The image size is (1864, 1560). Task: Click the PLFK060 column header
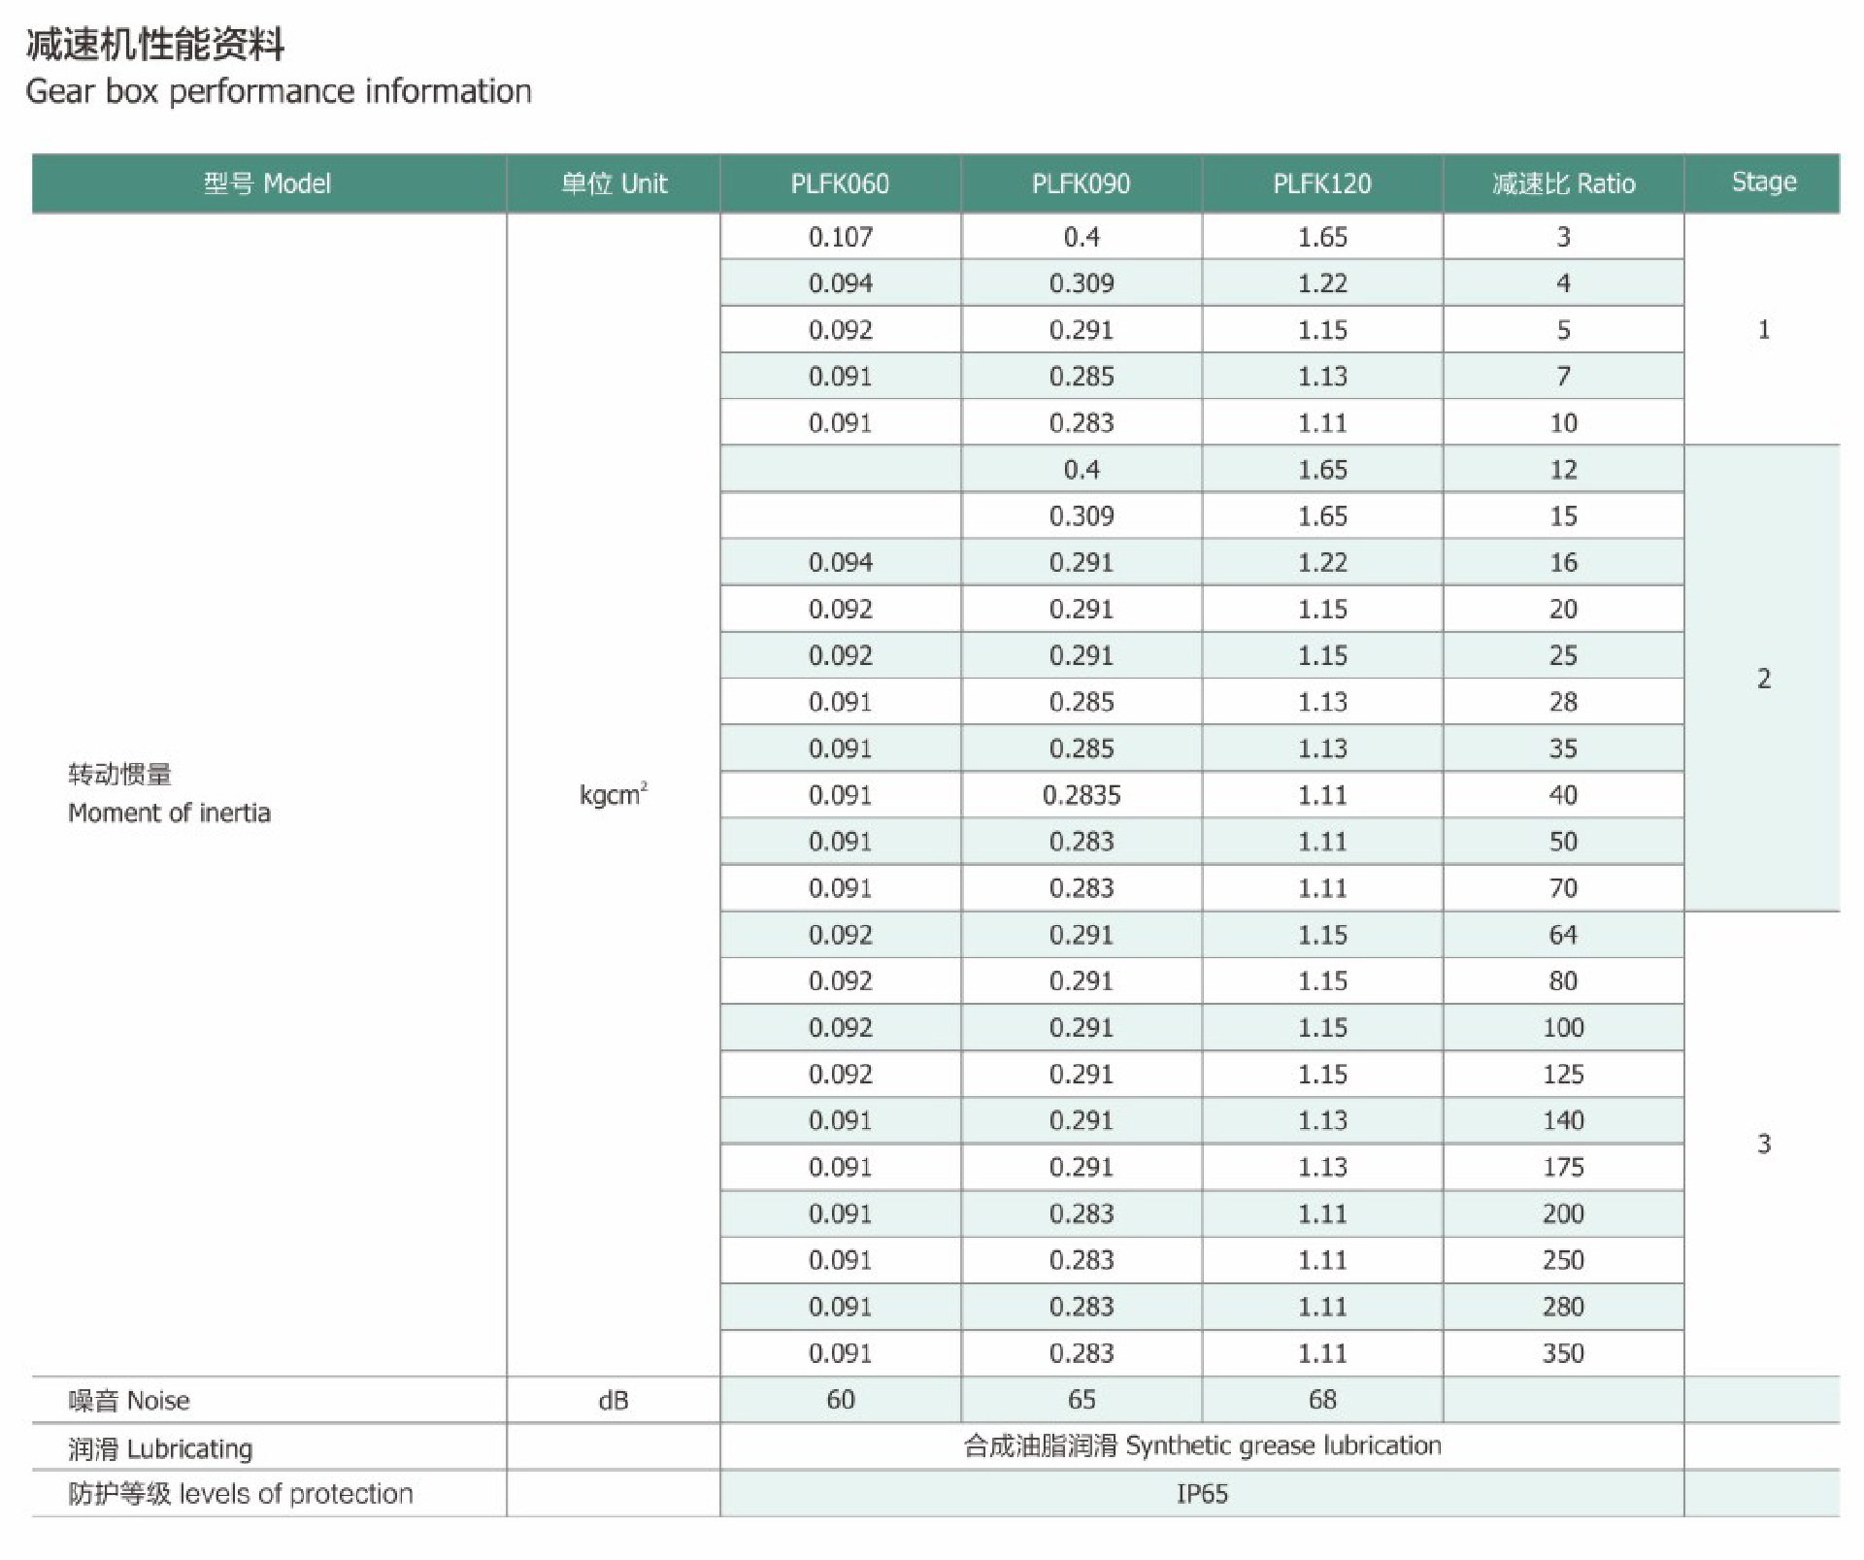point(840,183)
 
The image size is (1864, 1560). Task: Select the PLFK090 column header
point(1081,183)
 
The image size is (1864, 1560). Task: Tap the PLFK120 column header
point(1322,183)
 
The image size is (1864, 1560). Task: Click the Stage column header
point(1763,183)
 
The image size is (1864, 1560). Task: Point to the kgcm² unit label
point(613,795)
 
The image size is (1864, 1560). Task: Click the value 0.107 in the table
point(840,237)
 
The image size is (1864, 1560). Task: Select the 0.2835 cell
point(1081,795)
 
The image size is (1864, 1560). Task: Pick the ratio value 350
point(1563,1353)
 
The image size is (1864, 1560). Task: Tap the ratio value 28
point(1563,702)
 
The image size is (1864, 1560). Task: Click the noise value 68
point(1322,1400)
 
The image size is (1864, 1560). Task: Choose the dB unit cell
point(613,1400)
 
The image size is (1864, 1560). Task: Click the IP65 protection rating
point(1202,1494)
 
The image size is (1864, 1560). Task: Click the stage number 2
point(1763,679)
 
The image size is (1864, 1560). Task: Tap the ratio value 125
point(1563,1074)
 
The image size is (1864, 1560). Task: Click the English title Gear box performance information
point(279,91)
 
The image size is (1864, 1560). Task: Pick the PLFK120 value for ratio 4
point(1322,283)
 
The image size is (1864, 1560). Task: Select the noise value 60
point(840,1400)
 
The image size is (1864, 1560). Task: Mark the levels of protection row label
point(240,1494)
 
